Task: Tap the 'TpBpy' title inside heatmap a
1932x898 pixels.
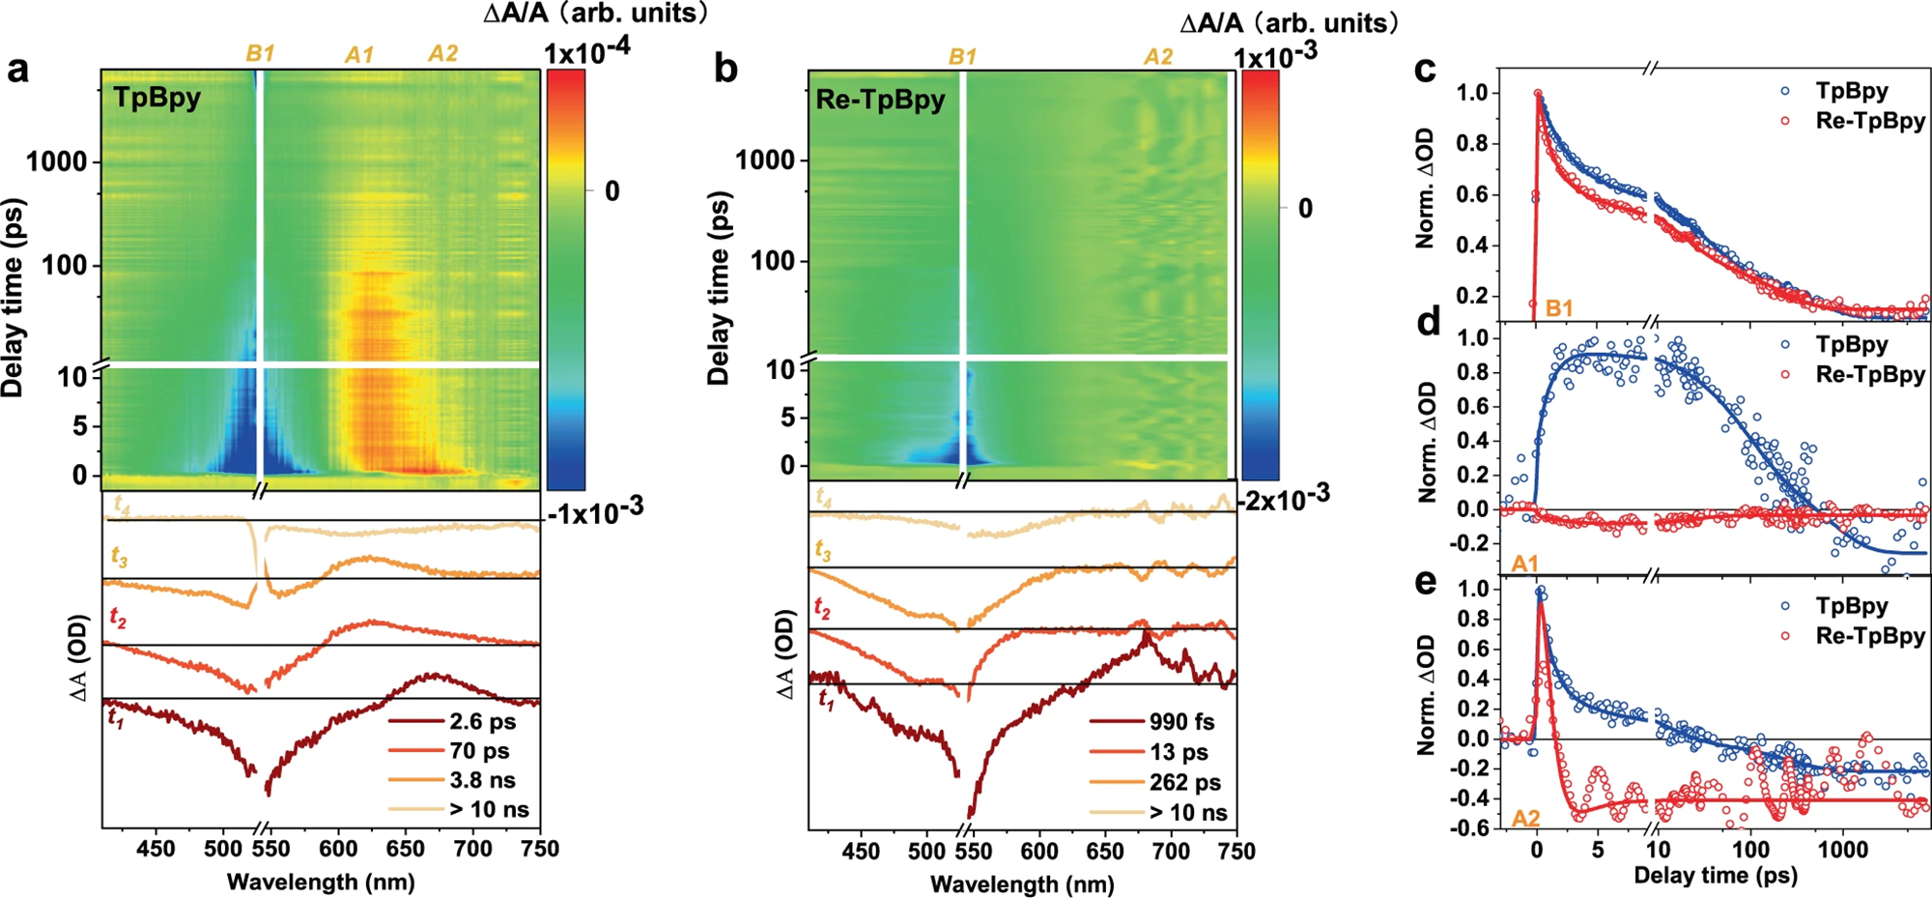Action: [156, 98]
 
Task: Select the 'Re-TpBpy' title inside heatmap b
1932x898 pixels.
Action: [880, 100]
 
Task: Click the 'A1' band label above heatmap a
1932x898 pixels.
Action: [359, 55]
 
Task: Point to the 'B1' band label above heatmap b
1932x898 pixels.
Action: [962, 57]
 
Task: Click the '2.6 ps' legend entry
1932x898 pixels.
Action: [482, 722]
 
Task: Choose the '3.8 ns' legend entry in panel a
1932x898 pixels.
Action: [482, 780]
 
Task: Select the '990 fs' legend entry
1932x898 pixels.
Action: [1181, 722]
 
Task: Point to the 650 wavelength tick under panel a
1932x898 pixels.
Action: [405, 849]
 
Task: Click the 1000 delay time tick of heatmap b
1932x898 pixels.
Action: [765, 159]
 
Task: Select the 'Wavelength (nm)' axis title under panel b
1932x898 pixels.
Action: [1022, 884]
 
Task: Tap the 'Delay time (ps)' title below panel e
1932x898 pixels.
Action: [1715, 876]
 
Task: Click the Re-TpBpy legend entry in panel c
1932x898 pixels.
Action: [1869, 121]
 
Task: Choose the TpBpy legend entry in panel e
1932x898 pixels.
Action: [1851, 606]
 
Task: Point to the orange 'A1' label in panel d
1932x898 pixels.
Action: [1524, 564]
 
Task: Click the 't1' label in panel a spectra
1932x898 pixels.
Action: [115, 718]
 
